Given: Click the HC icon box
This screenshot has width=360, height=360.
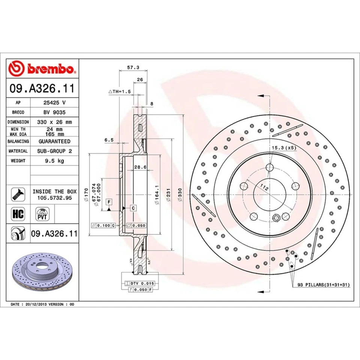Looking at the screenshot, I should pos(18,214).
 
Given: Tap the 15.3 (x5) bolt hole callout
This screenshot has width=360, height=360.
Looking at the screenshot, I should pos(284,148).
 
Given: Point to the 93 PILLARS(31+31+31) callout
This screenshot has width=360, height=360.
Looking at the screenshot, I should pos(323,285).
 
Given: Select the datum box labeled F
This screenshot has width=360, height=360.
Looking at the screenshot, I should pos(109,202).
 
